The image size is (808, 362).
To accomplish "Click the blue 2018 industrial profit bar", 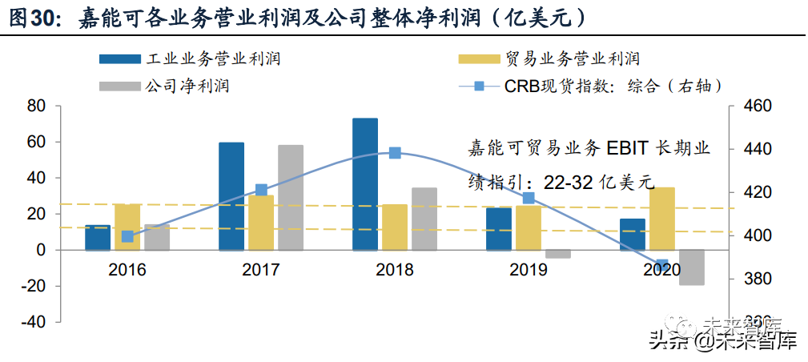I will (x=365, y=184).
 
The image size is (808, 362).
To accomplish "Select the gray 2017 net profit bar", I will (x=291, y=198).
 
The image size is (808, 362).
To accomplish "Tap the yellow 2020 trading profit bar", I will (x=662, y=219).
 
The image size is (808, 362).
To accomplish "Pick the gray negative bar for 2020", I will (x=691, y=267).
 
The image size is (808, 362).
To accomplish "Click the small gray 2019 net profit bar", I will (x=558, y=254).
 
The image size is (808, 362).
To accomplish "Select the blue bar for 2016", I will (x=98, y=238).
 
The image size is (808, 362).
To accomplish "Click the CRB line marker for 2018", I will (x=395, y=153).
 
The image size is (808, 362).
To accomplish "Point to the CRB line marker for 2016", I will (x=127, y=236).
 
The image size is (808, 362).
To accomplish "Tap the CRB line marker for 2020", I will (x=662, y=265).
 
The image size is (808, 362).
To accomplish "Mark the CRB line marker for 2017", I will (x=261, y=190).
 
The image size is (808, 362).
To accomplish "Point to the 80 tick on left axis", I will (x=37, y=106).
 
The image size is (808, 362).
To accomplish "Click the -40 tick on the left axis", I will (x=34, y=322).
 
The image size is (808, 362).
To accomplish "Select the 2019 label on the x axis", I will (x=529, y=270).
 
